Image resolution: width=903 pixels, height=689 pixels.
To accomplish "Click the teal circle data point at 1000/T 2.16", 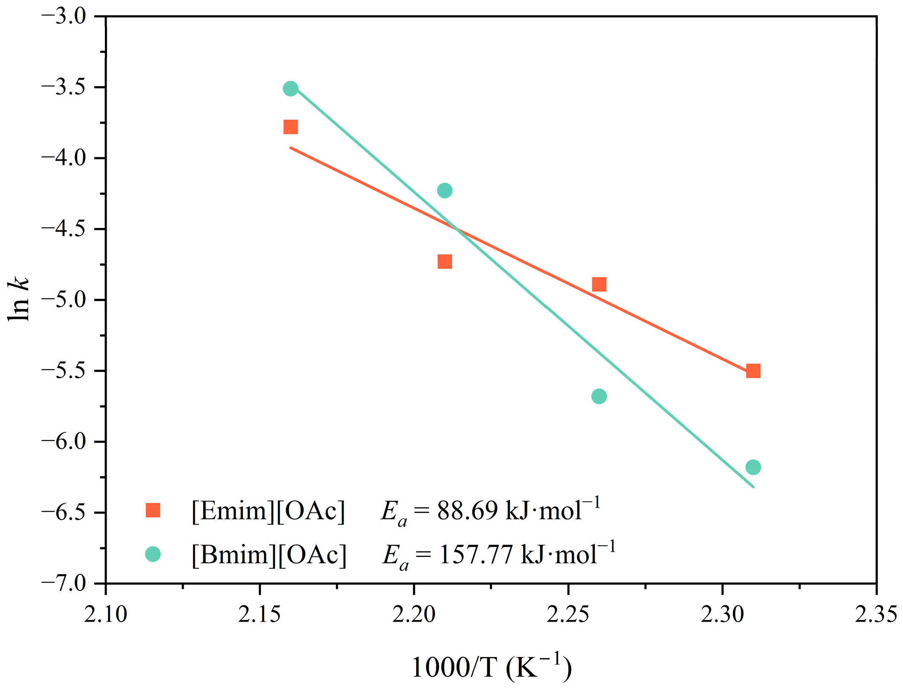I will [x=290, y=89].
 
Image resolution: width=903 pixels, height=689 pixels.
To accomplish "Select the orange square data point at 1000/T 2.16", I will [x=290, y=127].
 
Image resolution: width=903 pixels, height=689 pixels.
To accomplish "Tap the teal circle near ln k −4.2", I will [x=445, y=191].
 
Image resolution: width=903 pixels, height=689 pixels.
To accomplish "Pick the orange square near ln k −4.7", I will [x=445, y=261].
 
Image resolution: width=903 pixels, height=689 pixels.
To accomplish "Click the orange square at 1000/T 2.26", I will [x=599, y=284].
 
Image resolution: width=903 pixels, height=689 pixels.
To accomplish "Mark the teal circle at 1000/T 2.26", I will [x=599, y=397].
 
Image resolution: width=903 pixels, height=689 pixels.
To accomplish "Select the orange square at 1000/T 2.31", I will [x=753, y=371].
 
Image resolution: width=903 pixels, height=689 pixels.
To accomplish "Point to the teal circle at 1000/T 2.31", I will [x=753, y=467].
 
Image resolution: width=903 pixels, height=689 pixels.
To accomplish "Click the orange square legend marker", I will [x=153, y=510].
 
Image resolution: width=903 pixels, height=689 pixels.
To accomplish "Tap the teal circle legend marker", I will [x=153, y=554].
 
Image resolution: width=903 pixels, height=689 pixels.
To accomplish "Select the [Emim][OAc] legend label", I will [x=268, y=511].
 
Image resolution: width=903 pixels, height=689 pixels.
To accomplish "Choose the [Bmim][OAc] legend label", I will [x=269, y=555].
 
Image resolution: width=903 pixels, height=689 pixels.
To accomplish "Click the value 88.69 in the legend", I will [x=467, y=511].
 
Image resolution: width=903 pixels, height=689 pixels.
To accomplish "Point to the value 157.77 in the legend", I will [x=476, y=555].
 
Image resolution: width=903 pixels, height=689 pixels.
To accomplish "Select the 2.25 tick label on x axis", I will [x=568, y=615].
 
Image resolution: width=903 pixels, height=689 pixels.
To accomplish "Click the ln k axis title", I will [x=19, y=298].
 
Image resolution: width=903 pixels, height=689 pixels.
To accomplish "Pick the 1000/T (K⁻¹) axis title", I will [x=491, y=667].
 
